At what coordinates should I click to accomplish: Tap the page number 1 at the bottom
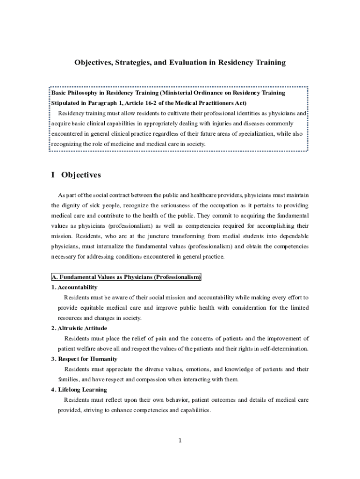click(180, 440)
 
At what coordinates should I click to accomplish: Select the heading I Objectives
click(76, 175)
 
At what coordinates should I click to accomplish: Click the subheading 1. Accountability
click(74, 287)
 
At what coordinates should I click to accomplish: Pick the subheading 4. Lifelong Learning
click(79, 390)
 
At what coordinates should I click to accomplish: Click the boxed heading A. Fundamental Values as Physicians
click(126, 277)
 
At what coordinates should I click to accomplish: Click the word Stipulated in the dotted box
click(65, 103)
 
